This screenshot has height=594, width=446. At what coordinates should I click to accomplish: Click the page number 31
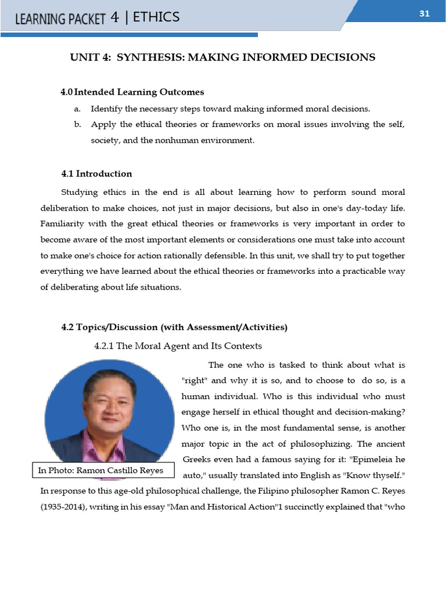(424, 13)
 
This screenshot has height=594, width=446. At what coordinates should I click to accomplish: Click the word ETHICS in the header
(156, 17)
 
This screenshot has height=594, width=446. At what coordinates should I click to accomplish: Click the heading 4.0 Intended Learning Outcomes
(132, 92)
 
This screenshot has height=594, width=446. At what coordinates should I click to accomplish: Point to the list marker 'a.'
(77, 108)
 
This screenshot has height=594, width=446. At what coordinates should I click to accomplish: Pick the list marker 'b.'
(77, 124)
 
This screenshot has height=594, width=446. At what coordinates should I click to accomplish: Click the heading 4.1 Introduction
(96, 173)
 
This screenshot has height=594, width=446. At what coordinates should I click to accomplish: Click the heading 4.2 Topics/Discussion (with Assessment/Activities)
(174, 327)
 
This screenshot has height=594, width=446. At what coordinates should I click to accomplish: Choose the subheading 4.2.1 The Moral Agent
(178, 346)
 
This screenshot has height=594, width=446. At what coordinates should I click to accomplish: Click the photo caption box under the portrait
(102, 470)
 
